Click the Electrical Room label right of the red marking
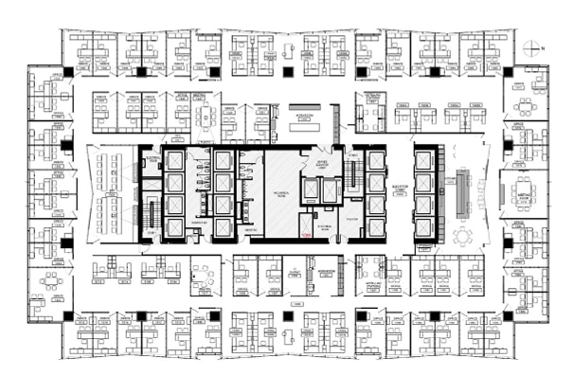(x=320, y=228)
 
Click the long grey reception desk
(x=462, y=195)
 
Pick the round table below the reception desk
(x=463, y=235)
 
